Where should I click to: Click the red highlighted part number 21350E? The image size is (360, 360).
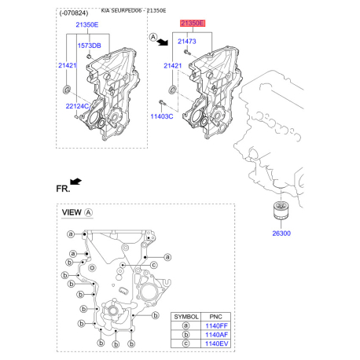tap(192, 24)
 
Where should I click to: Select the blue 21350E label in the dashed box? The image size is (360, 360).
tap(86, 25)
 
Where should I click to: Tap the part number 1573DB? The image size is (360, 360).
tap(88, 46)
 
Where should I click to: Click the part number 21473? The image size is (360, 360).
tap(186, 40)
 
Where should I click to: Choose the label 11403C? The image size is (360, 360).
tap(162, 116)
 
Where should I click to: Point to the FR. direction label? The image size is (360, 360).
tap(63, 189)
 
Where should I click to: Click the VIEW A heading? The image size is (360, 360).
tap(77, 213)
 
